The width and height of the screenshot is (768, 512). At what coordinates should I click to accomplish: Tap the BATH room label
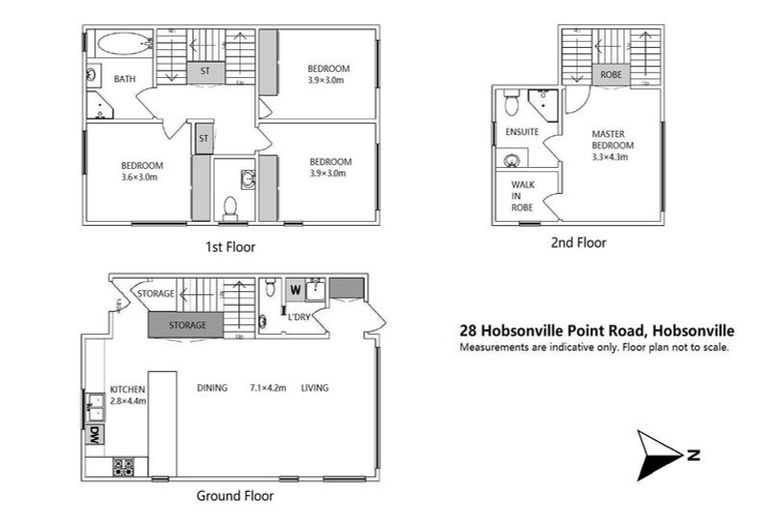(125, 79)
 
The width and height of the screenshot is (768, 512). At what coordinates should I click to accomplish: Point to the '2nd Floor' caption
(578, 242)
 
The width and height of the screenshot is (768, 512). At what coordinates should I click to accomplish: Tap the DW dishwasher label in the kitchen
(93, 435)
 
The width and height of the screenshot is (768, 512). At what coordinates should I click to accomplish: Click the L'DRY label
(299, 317)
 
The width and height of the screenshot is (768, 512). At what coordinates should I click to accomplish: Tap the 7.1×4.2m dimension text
(267, 388)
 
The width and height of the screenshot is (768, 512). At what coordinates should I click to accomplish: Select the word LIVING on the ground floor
(315, 388)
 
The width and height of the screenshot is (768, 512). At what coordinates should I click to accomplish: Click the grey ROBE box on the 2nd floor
(609, 75)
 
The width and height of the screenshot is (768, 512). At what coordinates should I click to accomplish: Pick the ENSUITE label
(523, 132)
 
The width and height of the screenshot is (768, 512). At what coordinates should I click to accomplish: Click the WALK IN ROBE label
(522, 196)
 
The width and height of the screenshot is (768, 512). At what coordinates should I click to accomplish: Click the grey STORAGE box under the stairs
(187, 326)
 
